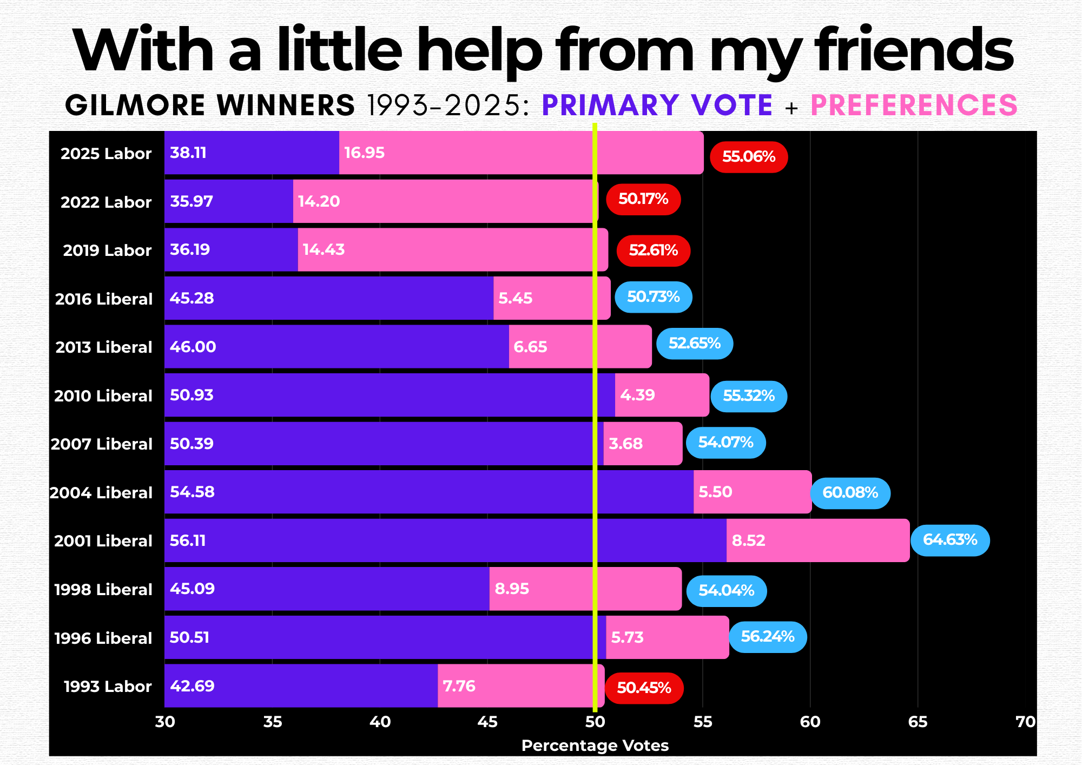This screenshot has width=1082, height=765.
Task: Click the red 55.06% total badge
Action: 749,157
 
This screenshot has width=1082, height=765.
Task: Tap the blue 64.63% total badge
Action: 950,540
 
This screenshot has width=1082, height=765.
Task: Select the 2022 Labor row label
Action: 106,202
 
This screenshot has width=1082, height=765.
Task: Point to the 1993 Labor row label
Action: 108,687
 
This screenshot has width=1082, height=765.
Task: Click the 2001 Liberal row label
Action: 103,541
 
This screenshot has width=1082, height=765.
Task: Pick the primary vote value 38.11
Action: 188,153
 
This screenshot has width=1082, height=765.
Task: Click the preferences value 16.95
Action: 364,153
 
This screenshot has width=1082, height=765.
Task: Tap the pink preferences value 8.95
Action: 512,589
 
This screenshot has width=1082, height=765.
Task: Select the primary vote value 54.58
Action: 192,492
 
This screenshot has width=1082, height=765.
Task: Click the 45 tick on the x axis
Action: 487,722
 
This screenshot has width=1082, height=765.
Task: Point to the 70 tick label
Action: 1025,722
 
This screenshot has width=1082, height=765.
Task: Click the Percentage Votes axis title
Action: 595,746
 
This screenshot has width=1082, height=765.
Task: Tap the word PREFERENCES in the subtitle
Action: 914,105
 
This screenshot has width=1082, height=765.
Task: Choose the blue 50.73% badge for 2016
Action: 654,297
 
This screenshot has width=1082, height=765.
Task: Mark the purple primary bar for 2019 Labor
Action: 231,250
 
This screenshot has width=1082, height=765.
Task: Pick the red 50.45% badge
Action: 644,688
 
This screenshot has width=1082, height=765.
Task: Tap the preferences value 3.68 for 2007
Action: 625,444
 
